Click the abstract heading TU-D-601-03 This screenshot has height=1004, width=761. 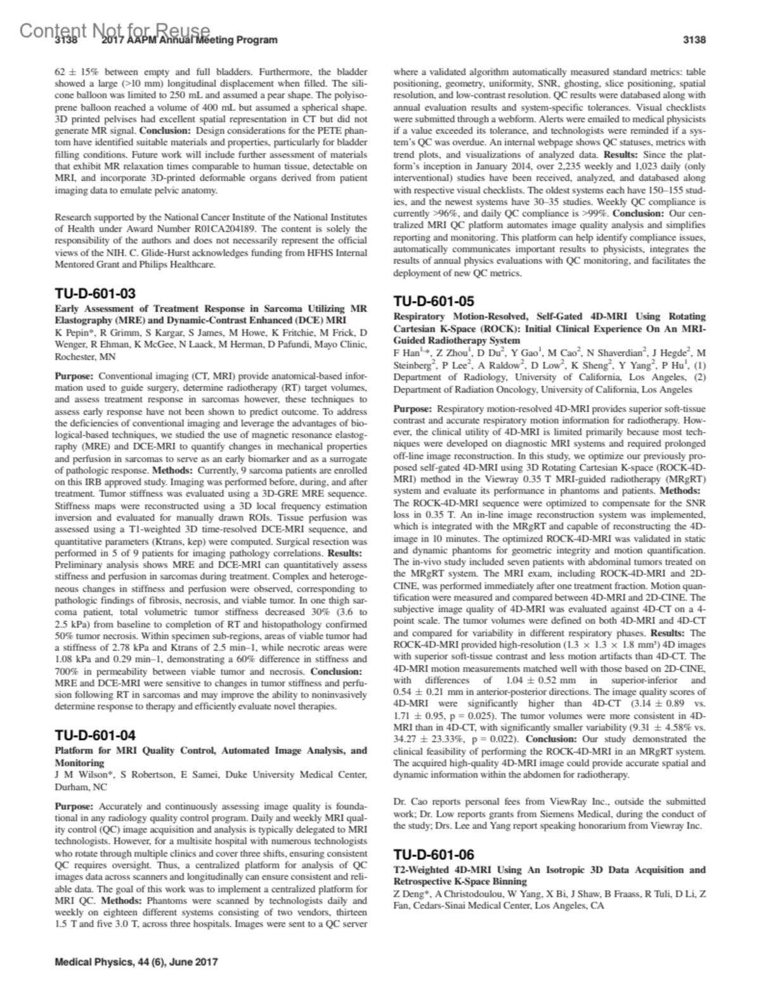point(95,293)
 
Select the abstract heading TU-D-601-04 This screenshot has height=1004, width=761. point(95,736)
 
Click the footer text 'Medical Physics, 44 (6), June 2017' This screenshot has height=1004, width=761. point(136,961)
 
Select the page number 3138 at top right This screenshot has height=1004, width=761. point(694,40)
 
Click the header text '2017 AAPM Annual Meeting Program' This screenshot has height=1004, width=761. point(190,40)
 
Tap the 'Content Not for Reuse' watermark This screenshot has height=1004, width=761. point(114,30)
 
